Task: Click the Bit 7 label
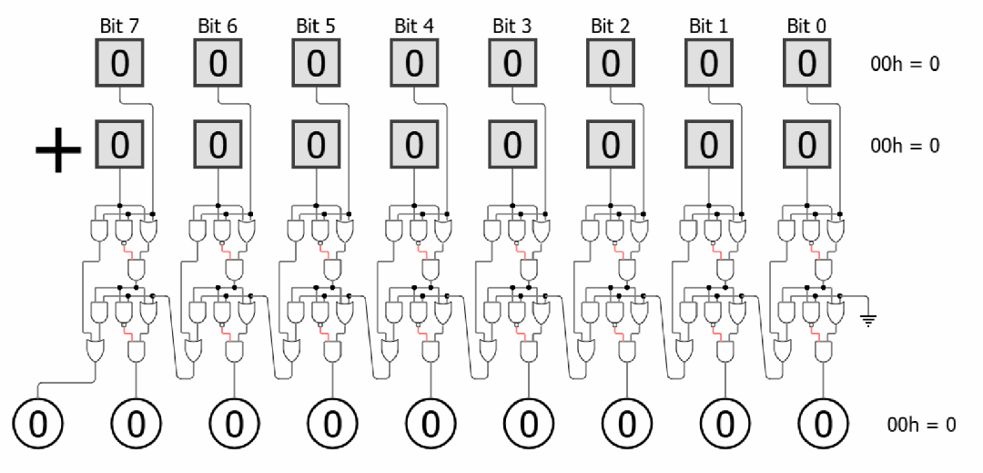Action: pos(119,26)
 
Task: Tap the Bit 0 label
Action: pos(806,26)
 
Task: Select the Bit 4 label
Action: pos(414,26)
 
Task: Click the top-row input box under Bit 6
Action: pos(218,64)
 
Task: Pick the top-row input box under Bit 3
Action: pos(512,64)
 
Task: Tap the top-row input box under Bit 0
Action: pos(806,64)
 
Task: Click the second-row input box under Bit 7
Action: pos(119,145)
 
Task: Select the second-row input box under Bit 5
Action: pos(316,145)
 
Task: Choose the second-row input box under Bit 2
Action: pos(611,145)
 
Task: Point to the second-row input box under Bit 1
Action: pos(708,145)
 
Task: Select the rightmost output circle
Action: pos(823,424)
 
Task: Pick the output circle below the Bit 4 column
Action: pos(431,424)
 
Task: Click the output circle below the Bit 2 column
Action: pos(627,424)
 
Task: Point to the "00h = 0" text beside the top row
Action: pos(905,65)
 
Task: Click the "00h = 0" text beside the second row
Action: pos(905,146)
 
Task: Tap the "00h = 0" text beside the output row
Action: pos(921,425)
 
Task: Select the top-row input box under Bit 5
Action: pos(316,64)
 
